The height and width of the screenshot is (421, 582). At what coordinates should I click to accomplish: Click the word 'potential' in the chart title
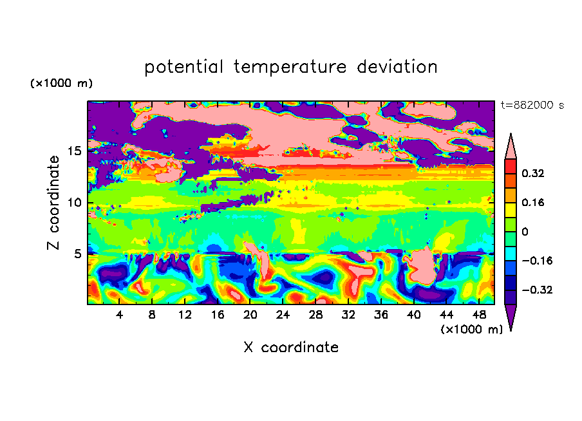pos(183,67)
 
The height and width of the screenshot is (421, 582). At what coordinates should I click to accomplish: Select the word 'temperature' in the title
pos(290,67)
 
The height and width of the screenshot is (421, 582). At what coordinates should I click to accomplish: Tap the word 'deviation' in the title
pos(397,67)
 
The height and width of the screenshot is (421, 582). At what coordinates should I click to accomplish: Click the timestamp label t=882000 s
pos(532,106)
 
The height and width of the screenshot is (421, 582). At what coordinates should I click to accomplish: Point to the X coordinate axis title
pos(291,348)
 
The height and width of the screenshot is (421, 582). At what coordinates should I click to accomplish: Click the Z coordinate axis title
pos(53,202)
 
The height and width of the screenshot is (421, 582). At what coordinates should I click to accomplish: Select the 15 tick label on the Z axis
pos(74,151)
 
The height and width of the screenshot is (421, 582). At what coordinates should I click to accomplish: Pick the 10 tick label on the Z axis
pos(74,203)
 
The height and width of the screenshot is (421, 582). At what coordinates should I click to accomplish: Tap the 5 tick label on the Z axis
pos(77,254)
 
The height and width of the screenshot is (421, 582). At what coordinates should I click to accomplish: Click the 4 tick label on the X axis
pos(119,315)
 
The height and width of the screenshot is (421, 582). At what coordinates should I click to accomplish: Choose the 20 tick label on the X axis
pos(250,315)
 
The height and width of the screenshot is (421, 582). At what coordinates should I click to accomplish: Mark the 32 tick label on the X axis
pos(348,315)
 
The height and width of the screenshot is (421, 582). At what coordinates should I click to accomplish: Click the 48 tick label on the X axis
pos(479,315)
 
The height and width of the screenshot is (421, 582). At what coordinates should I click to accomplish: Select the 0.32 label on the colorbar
pos(532,173)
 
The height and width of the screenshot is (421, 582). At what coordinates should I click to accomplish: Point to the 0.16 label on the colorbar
pos(532,202)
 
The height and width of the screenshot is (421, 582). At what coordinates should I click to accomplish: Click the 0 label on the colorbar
pos(525,232)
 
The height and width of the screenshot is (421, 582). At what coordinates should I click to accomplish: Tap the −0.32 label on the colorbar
pos(537,290)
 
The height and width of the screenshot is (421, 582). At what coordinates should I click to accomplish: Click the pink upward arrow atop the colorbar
pos(511,147)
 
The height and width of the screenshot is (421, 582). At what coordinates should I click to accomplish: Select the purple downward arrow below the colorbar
pos(511,315)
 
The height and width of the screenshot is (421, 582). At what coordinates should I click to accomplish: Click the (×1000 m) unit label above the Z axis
pos(61,83)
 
